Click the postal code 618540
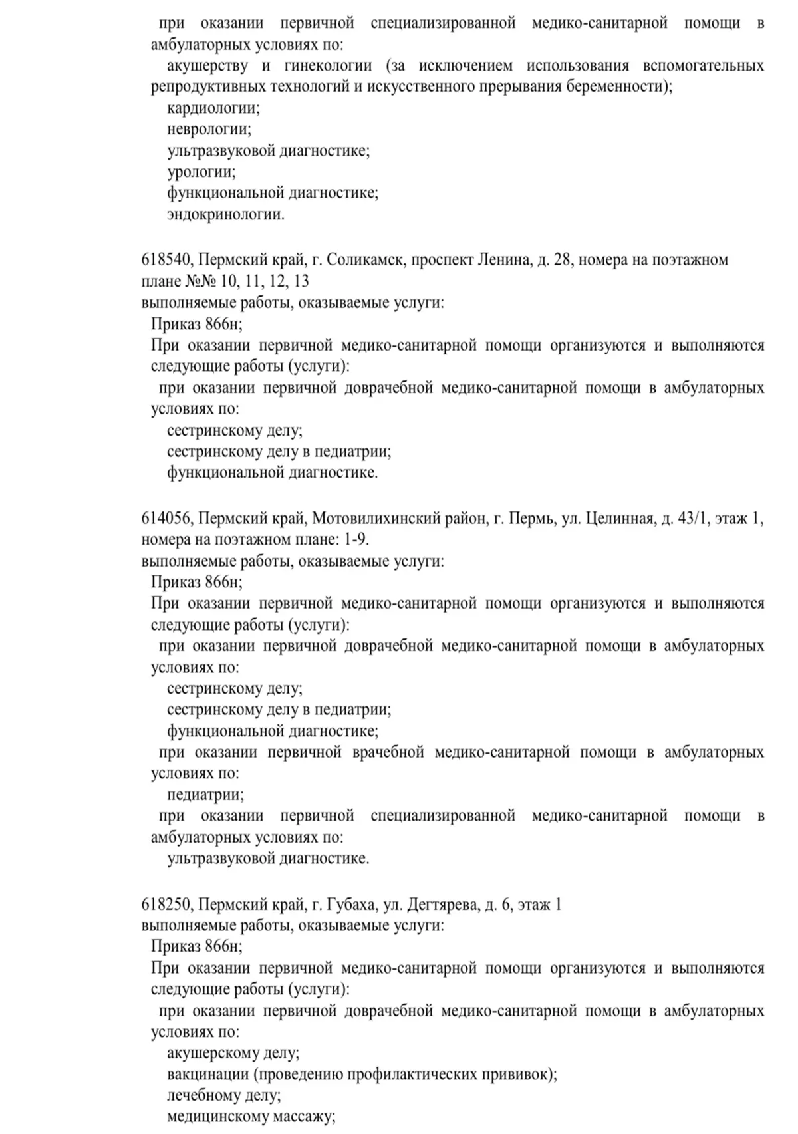tap(166, 260)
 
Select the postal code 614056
tap(166, 518)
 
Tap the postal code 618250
tap(166, 905)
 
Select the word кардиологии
tap(213, 108)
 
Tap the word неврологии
tap(209, 130)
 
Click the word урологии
tap(201, 172)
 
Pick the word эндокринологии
tap(225, 215)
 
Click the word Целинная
tap(620, 518)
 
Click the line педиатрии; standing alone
tap(205, 795)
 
